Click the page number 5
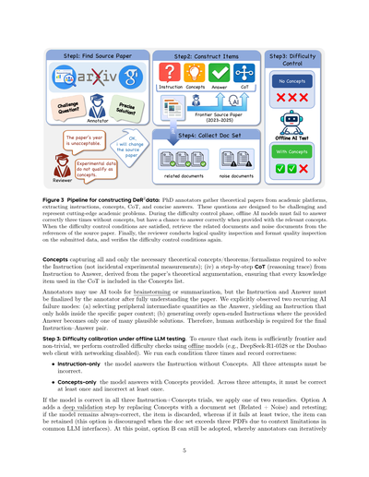[x=184, y=450]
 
